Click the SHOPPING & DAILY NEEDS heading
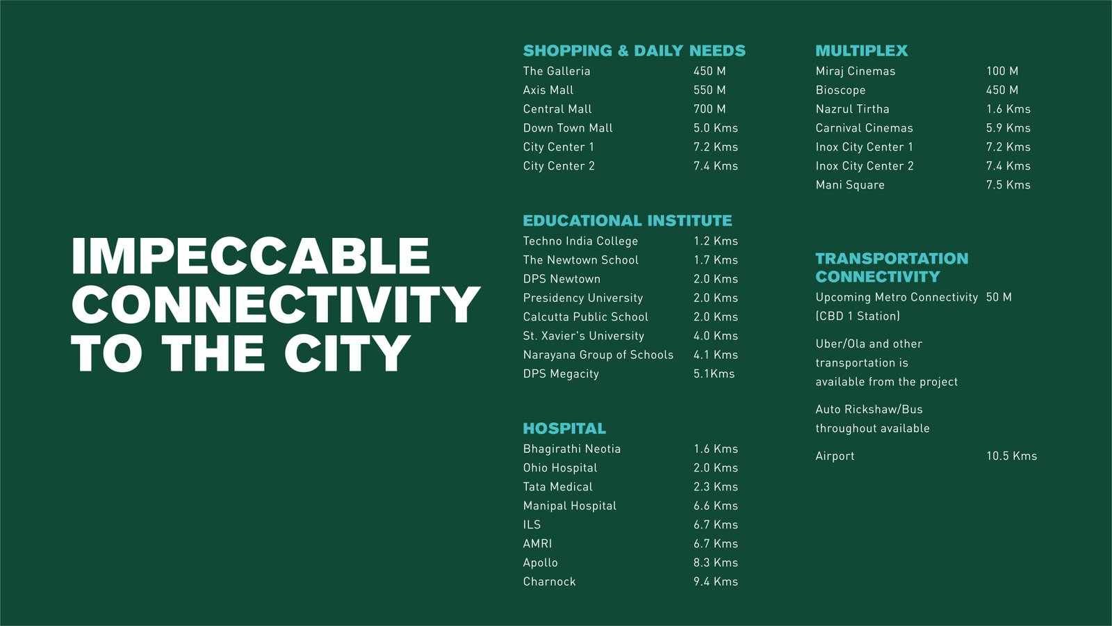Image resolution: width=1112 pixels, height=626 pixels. click(x=634, y=51)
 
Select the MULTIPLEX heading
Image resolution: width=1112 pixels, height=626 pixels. click(x=861, y=51)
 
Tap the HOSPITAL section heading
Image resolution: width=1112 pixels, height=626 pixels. click(x=564, y=428)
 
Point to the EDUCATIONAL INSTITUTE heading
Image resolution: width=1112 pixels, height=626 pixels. click(x=627, y=220)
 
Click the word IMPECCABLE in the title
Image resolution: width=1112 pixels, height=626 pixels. click(x=251, y=256)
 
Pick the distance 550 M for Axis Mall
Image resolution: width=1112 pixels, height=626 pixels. click(x=710, y=90)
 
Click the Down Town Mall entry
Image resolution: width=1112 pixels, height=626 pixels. click(x=567, y=128)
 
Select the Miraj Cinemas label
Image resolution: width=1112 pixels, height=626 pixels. click(x=855, y=71)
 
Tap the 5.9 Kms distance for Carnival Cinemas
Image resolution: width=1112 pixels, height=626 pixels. click(x=1008, y=128)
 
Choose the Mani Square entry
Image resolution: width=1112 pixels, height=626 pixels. click(x=849, y=185)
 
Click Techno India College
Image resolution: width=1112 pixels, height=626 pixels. click(x=580, y=241)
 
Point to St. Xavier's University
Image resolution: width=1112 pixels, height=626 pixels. click(x=583, y=336)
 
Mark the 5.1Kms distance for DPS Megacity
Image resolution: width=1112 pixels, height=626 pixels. click(x=714, y=374)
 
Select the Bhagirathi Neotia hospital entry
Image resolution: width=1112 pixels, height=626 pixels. click(x=571, y=449)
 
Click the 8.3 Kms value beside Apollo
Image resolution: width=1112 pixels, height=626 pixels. click(x=715, y=563)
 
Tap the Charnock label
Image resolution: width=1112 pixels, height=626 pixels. click(x=549, y=581)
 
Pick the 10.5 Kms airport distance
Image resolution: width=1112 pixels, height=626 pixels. click(x=1011, y=456)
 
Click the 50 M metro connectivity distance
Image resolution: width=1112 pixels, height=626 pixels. click(x=998, y=297)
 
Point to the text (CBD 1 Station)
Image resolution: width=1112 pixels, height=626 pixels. click(x=858, y=316)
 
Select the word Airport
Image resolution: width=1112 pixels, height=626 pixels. click(x=835, y=456)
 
